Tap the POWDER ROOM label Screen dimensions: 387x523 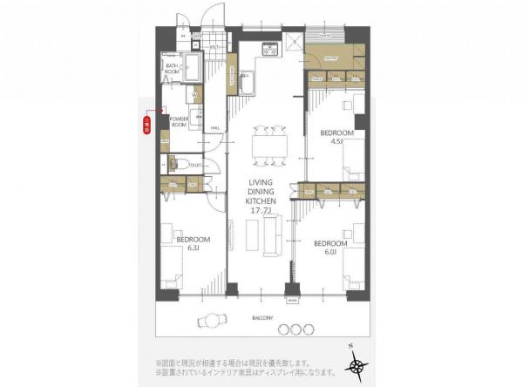[x=180, y=121]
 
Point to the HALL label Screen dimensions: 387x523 [x=214, y=127]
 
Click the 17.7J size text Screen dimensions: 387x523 [x=261, y=210]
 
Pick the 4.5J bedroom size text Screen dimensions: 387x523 [x=336, y=142]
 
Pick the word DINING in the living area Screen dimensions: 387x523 [x=261, y=191]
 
